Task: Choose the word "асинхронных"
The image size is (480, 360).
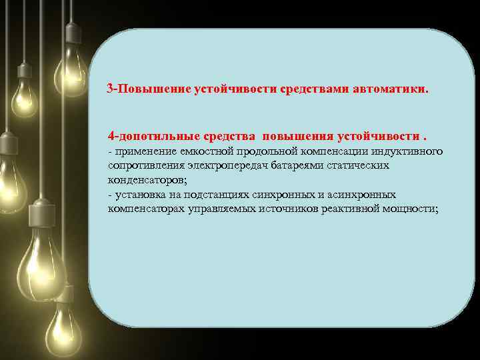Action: tap(367, 195)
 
